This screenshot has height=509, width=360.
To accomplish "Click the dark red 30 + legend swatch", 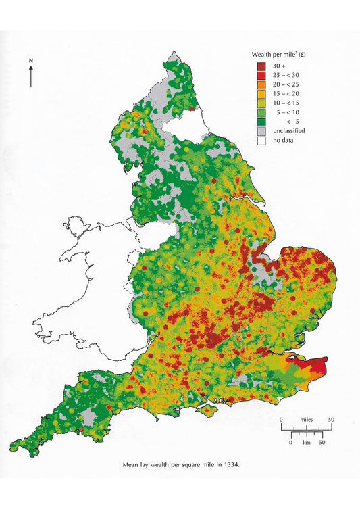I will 261,65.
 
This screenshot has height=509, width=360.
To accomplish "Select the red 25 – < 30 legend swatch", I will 261,74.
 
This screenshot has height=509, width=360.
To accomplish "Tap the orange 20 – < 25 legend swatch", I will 261,84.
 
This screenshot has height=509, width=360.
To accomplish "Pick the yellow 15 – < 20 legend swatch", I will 261,93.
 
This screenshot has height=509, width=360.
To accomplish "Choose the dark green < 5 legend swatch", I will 261,122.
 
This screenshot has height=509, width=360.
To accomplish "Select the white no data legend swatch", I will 261,141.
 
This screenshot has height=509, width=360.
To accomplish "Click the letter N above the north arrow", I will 31,61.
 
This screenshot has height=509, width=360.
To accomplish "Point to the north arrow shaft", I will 31,78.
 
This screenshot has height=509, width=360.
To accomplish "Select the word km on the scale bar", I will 307,442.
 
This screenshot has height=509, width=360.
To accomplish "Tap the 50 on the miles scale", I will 331,420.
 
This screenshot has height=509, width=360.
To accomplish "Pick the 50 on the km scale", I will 322,442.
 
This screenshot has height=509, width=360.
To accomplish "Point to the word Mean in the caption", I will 130,465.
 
